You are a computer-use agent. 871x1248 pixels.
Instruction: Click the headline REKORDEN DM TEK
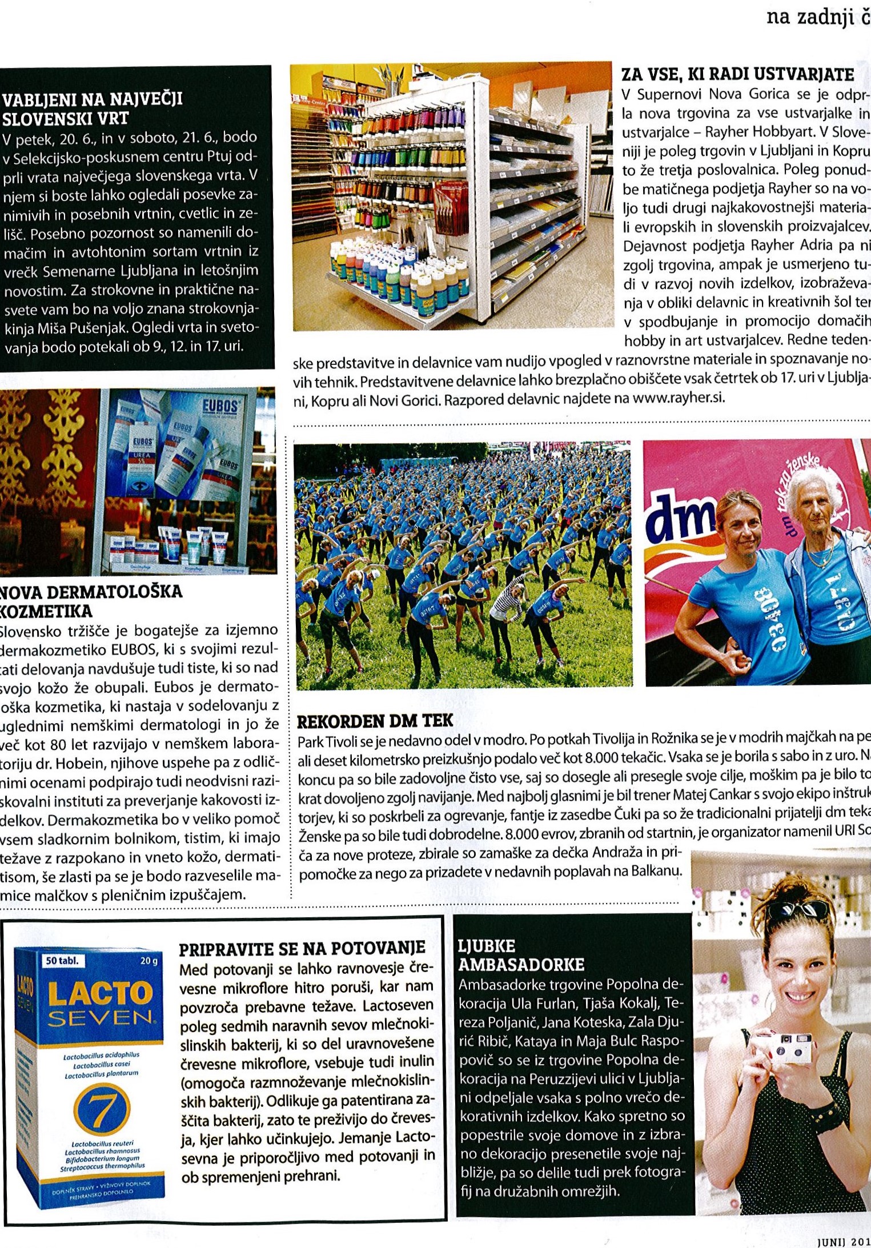(x=375, y=721)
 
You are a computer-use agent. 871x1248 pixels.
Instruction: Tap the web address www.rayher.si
(x=679, y=398)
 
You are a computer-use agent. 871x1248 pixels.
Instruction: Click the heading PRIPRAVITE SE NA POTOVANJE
(x=302, y=949)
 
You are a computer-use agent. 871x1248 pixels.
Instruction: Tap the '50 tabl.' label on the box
(x=62, y=961)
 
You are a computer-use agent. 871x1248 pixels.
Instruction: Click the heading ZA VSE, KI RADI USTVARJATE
(x=737, y=74)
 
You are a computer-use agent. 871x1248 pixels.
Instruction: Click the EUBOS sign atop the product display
(x=219, y=407)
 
